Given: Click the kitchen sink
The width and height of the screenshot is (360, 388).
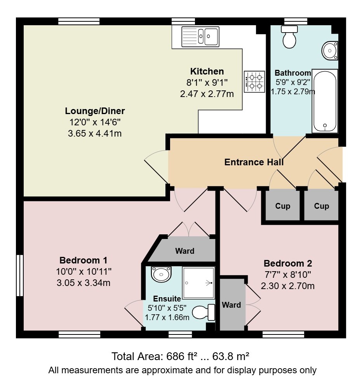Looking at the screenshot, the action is click(200, 36).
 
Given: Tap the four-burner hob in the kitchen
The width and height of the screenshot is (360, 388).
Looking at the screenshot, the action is click(254, 81).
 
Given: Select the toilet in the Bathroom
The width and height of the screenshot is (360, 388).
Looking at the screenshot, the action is click(289, 37).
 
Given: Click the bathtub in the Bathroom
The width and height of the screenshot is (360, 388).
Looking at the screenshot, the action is click(325, 101).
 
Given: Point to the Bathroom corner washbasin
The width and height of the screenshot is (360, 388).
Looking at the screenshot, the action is click(330, 50).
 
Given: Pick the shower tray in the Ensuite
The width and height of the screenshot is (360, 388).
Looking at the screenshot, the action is click(198, 283).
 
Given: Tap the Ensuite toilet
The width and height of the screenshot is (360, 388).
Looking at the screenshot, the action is click(203, 312).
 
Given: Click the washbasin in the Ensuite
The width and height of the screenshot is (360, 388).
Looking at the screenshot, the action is click(161, 274).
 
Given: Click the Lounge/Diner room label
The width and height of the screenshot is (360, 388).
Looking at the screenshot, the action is click(95, 111).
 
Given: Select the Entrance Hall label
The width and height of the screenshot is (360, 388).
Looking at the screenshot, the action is click(254, 162).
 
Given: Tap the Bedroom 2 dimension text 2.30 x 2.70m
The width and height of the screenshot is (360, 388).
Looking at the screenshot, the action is click(288, 286).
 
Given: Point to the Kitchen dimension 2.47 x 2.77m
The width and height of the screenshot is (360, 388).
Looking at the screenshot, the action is click(207, 94).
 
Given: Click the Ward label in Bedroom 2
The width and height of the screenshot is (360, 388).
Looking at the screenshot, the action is click(231, 305).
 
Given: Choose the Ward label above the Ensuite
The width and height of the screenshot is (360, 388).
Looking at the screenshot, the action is click(185, 251).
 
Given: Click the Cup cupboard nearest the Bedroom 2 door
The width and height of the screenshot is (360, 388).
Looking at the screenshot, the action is click(282, 206).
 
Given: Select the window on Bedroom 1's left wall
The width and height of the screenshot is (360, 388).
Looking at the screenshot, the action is click(20, 275).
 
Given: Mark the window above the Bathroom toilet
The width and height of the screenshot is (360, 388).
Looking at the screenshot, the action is click(296, 21).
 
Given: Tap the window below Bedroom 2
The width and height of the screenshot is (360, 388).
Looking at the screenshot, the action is click(283, 335).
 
